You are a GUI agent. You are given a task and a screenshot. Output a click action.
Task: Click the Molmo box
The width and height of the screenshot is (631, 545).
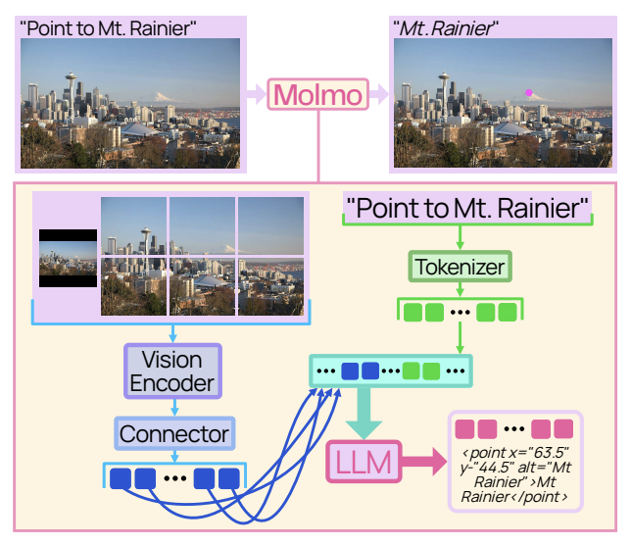(x=317, y=94)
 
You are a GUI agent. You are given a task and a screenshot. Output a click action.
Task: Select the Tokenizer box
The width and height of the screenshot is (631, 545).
(x=460, y=267)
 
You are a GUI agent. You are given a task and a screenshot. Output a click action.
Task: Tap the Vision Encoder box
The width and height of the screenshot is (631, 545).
(x=172, y=372)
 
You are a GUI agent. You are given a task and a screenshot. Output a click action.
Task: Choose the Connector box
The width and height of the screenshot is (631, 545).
(x=174, y=433)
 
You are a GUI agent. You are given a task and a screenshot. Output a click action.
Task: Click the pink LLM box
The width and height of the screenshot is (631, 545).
(x=364, y=462)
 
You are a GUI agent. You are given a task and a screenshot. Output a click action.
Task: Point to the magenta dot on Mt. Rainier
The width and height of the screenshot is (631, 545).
(x=529, y=92)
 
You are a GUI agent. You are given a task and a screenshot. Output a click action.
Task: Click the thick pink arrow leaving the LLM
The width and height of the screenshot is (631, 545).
(x=423, y=462)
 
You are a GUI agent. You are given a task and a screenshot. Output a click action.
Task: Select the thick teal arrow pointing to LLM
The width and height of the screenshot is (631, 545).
(x=364, y=413)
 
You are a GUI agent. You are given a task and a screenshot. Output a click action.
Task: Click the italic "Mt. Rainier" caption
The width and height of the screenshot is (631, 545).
(x=445, y=28)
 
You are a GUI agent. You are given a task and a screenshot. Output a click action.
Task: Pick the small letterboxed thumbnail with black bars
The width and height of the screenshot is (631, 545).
(x=68, y=258)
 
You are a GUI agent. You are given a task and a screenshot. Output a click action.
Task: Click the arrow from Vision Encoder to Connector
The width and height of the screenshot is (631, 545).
(x=174, y=408)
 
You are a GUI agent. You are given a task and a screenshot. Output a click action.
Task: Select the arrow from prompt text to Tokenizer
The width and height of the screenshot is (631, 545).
(x=460, y=237)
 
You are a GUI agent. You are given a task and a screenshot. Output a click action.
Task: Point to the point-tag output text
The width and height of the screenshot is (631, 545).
(x=515, y=474)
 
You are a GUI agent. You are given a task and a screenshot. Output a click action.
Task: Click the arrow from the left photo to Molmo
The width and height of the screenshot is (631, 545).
(x=256, y=94)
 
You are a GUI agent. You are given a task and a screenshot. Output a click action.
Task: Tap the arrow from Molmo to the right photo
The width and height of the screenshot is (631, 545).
(x=378, y=94)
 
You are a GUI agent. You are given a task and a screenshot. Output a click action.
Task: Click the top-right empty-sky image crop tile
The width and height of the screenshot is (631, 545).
(x=270, y=225)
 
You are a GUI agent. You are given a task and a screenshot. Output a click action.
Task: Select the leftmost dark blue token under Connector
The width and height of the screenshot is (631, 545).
(x=121, y=478)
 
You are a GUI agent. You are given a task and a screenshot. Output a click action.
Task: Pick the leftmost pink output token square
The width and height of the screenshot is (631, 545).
(x=464, y=429)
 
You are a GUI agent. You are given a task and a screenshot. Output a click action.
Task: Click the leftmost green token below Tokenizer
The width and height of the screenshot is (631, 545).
(x=413, y=313)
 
